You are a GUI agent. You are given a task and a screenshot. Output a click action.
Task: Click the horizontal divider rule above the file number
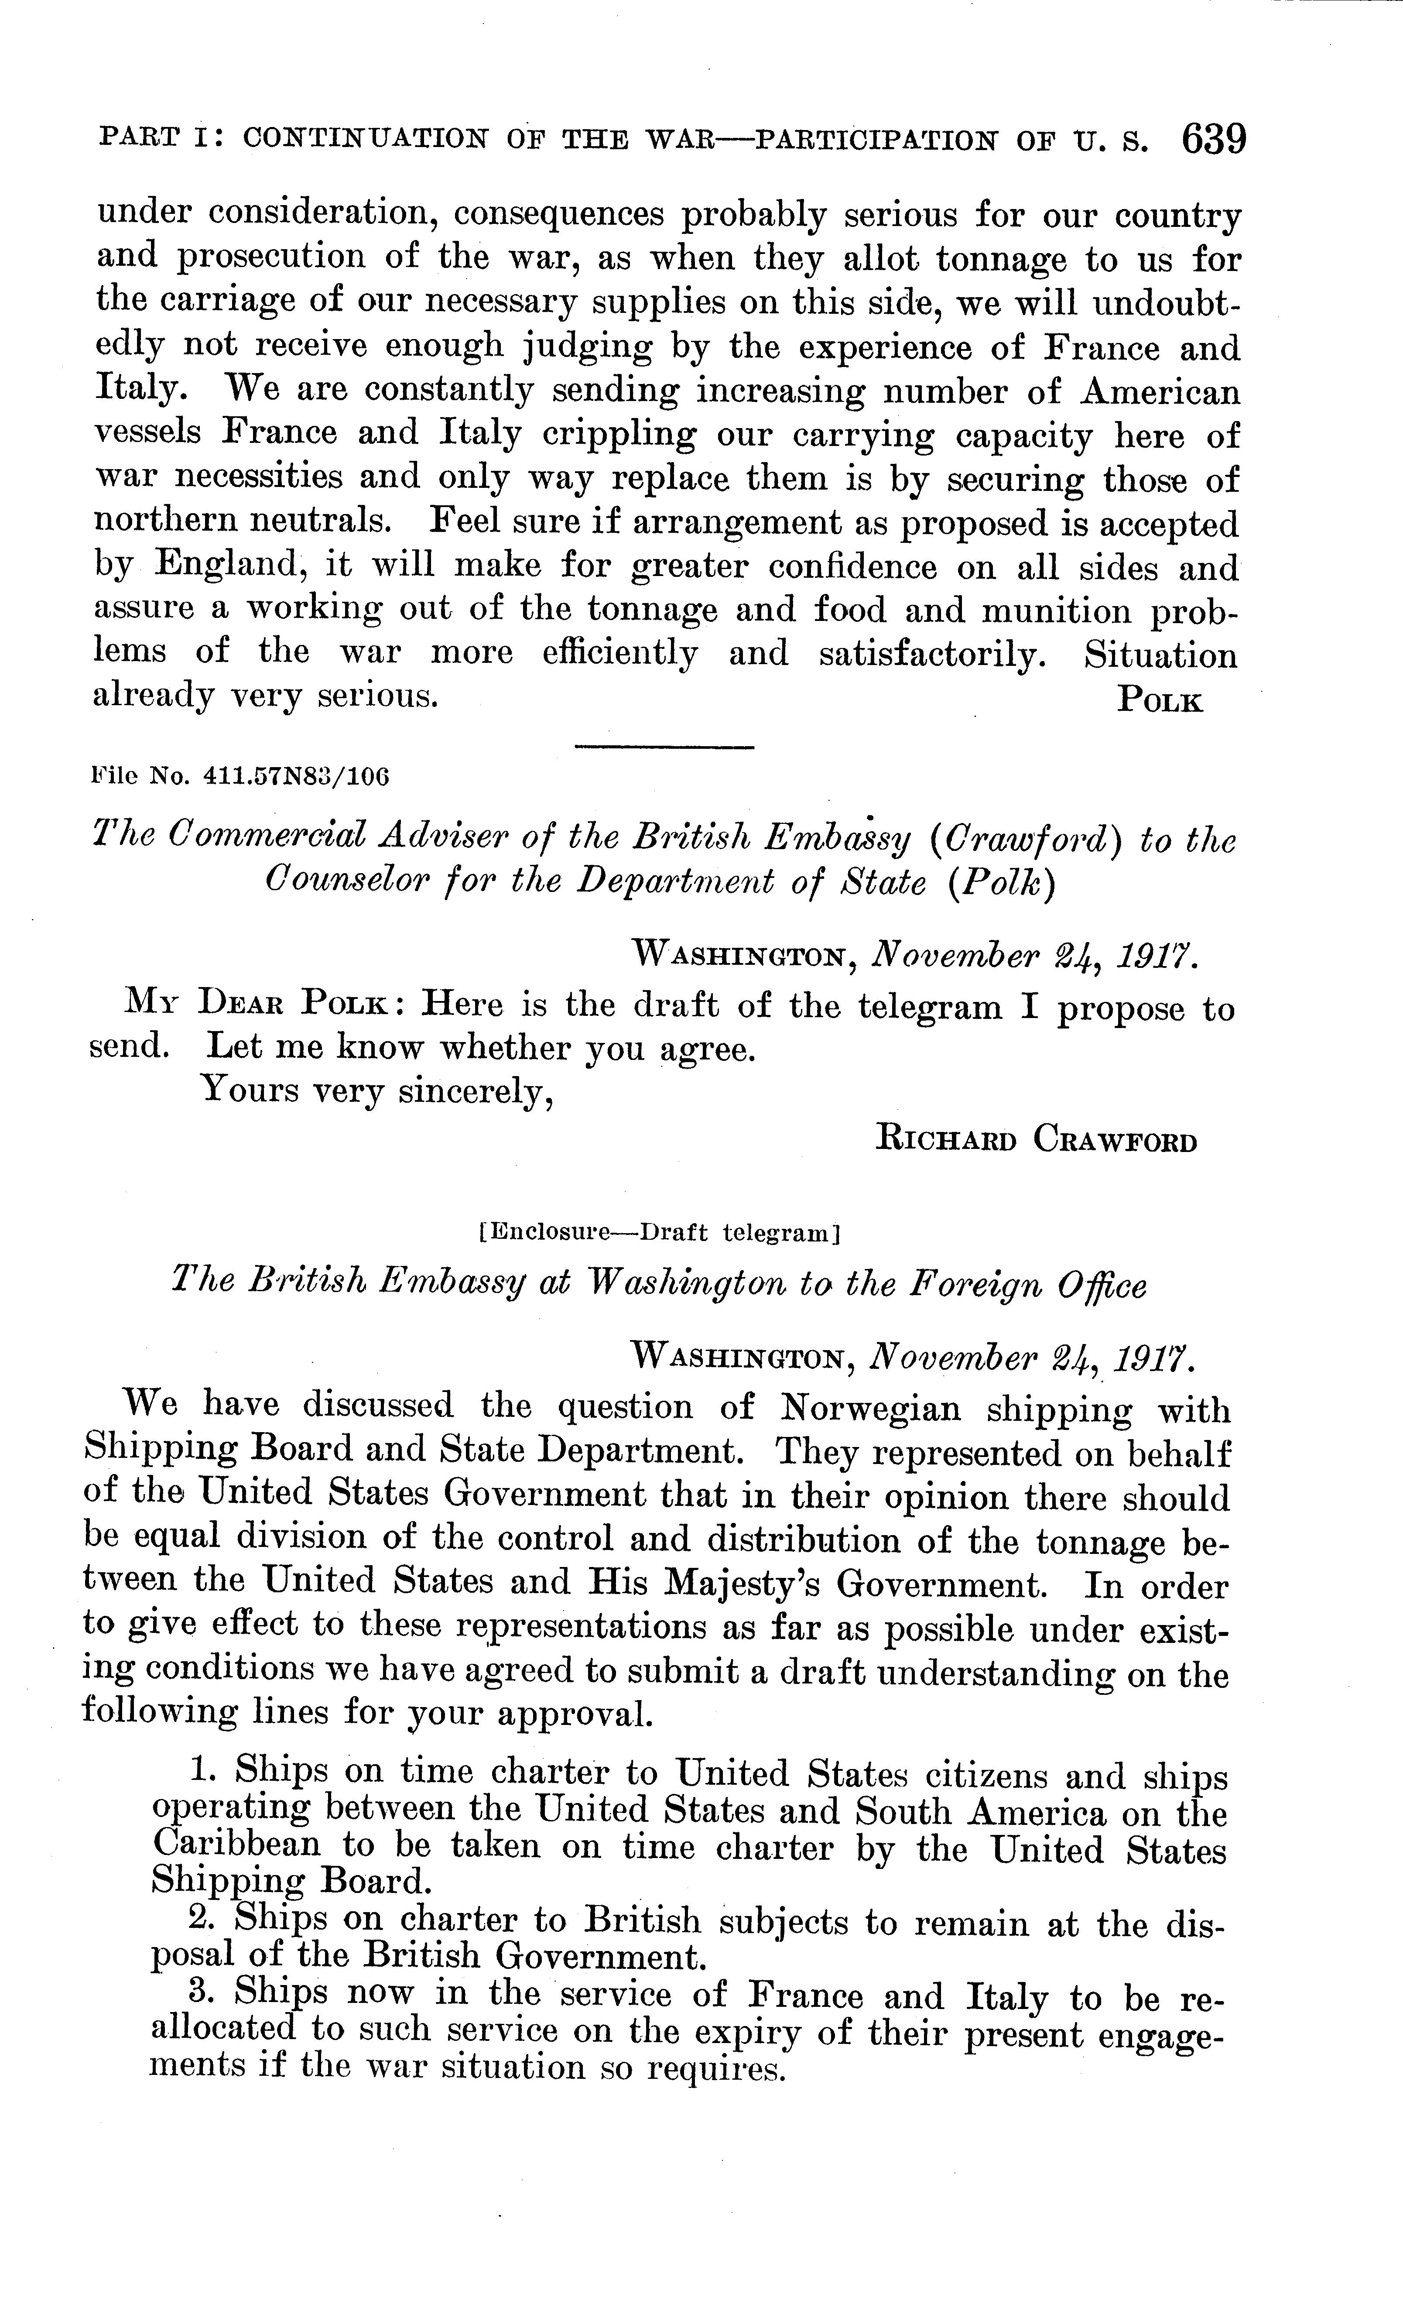(664, 746)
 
